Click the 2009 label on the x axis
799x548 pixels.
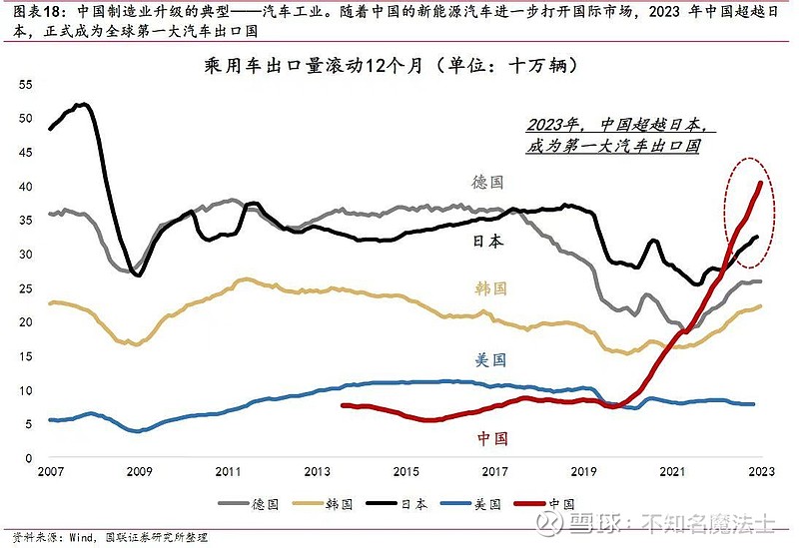138,472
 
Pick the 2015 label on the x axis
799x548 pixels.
405,472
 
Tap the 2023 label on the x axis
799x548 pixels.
762,472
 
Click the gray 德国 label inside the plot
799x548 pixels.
487,182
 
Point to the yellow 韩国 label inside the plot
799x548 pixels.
489,288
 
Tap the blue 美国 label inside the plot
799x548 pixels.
489,359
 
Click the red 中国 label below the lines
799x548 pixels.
492,437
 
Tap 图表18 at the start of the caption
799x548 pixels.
24,13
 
